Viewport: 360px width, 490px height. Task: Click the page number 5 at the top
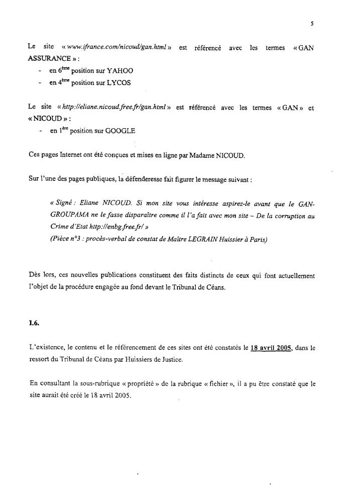[312, 23]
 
